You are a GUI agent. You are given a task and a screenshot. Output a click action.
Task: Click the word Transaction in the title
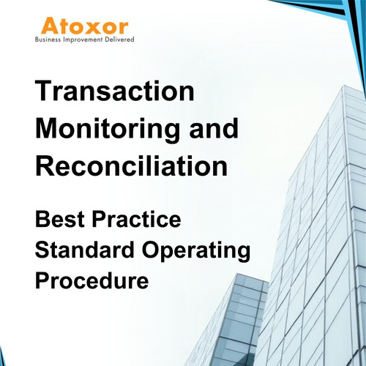[116, 93]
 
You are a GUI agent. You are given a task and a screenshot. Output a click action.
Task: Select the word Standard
[87, 250]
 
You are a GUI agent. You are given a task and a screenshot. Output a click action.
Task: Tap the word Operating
[197, 251]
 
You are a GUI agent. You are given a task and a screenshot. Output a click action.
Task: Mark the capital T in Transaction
[45, 93]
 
